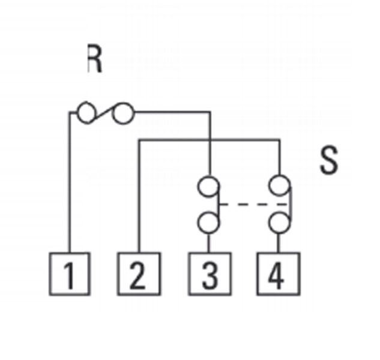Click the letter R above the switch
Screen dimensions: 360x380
pos(94,60)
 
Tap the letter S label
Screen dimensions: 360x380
pos(328,160)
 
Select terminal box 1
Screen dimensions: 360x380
pos(70,274)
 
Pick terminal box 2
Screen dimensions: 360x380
pos(139,274)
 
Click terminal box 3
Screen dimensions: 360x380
pos(209,274)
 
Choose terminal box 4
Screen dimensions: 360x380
pos(278,274)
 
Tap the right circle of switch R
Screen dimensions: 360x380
pos(124,113)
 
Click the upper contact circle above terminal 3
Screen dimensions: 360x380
pos(209,186)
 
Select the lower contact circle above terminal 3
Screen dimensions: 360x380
pos(209,223)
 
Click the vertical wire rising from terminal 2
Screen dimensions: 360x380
pos(139,198)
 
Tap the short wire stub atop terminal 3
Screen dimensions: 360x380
pos(209,242)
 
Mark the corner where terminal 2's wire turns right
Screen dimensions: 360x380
pos(139,141)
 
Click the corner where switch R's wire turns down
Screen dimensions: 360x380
pos(209,112)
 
